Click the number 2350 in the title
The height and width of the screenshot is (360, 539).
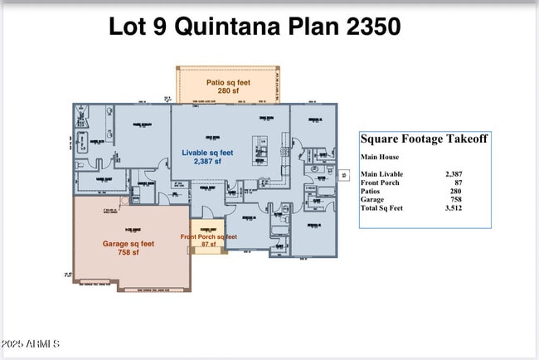pyautogui.click(x=365, y=27)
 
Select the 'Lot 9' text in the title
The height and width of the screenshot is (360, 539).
pyautogui.click(x=137, y=27)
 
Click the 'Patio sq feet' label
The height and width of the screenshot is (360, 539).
pyautogui.click(x=228, y=82)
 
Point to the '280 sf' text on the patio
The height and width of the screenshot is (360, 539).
pyautogui.click(x=228, y=90)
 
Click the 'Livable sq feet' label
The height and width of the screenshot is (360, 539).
pyautogui.click(x=208, y=153)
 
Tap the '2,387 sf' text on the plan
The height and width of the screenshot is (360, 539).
pyautogui.click(x=208, y=162)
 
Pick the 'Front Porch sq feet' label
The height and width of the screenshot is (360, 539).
pyautogui.click(x=209, y=237)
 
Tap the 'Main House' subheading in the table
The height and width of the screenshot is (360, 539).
pyautogui.click(x=380, y=157)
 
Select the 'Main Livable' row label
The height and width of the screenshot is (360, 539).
pyautogui.click(x=381, y=173)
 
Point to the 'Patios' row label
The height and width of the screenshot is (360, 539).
pyautogui.click(x=371, y=191)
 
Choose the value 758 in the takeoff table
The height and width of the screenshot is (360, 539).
pyautogui.click(x=454, y=199)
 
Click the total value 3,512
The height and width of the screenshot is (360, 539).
pyautogui.click(x=453, y=207)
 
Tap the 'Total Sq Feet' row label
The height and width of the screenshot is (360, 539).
pyautogui.click(x=382, y=207)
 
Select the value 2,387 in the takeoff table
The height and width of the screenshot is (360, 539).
pyautogui.click(x=453, y=173)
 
